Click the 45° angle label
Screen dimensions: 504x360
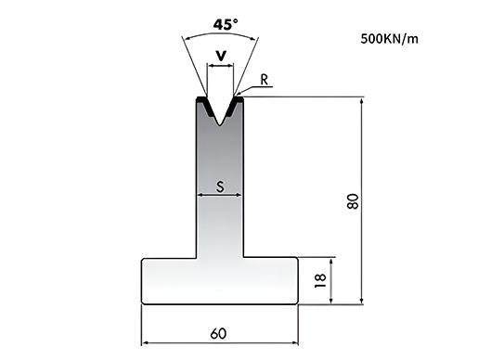point(226,25)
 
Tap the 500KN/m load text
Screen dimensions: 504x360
point(389,39)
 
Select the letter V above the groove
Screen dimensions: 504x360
point(221,56)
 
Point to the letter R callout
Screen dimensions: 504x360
point(265,80)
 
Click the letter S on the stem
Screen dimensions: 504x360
point(220,186)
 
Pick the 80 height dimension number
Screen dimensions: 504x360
point(353,201)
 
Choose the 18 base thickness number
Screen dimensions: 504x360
point(320,280)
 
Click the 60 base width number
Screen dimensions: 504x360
point(218,334)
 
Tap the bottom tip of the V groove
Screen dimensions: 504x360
point(220,125)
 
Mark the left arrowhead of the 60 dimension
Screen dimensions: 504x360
point(145,343)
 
